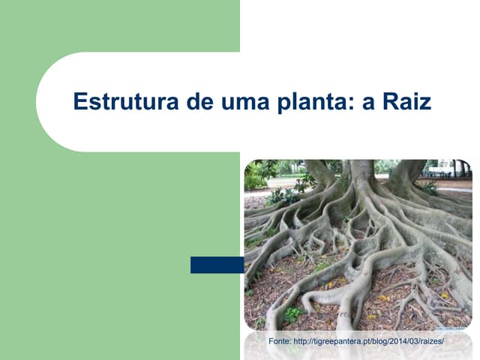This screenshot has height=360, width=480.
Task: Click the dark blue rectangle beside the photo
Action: pyautogui.click(x=217, y=265)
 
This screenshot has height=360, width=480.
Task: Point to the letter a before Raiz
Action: pyautogui.click(x=368, y=103)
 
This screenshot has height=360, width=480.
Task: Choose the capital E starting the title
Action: pyautogui.click(x=79, y=101)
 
